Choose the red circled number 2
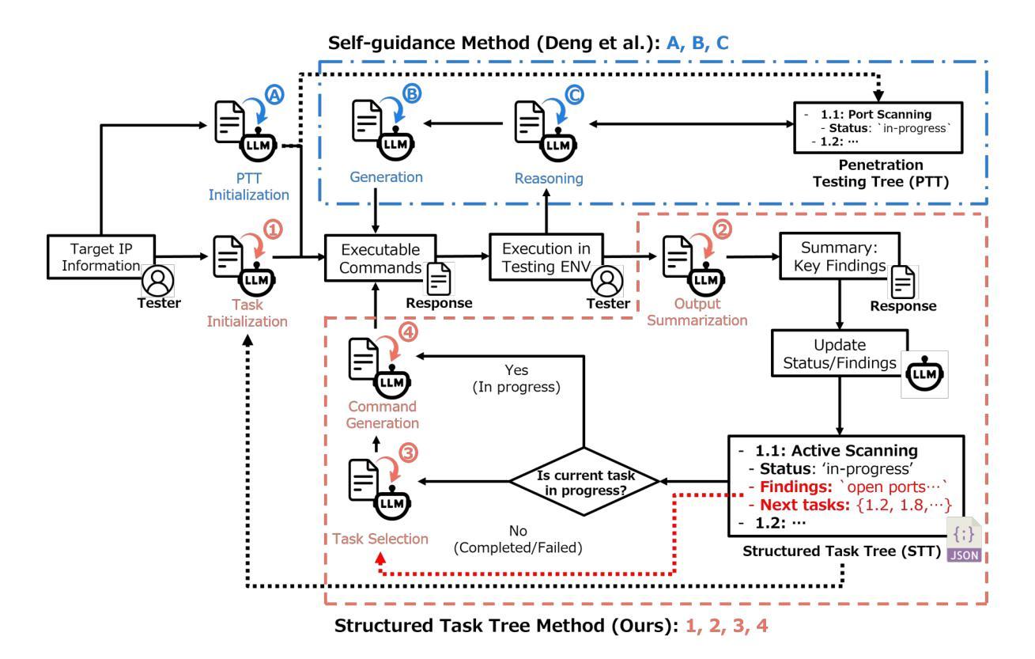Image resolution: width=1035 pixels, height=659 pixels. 722,229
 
